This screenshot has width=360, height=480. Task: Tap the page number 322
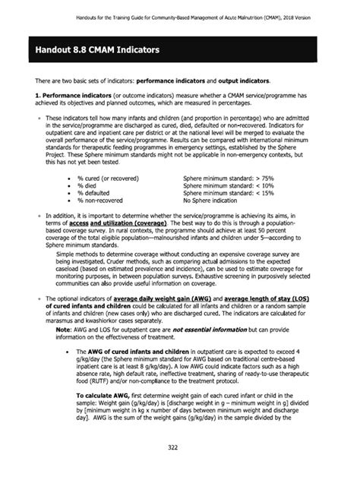click(179, 455)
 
